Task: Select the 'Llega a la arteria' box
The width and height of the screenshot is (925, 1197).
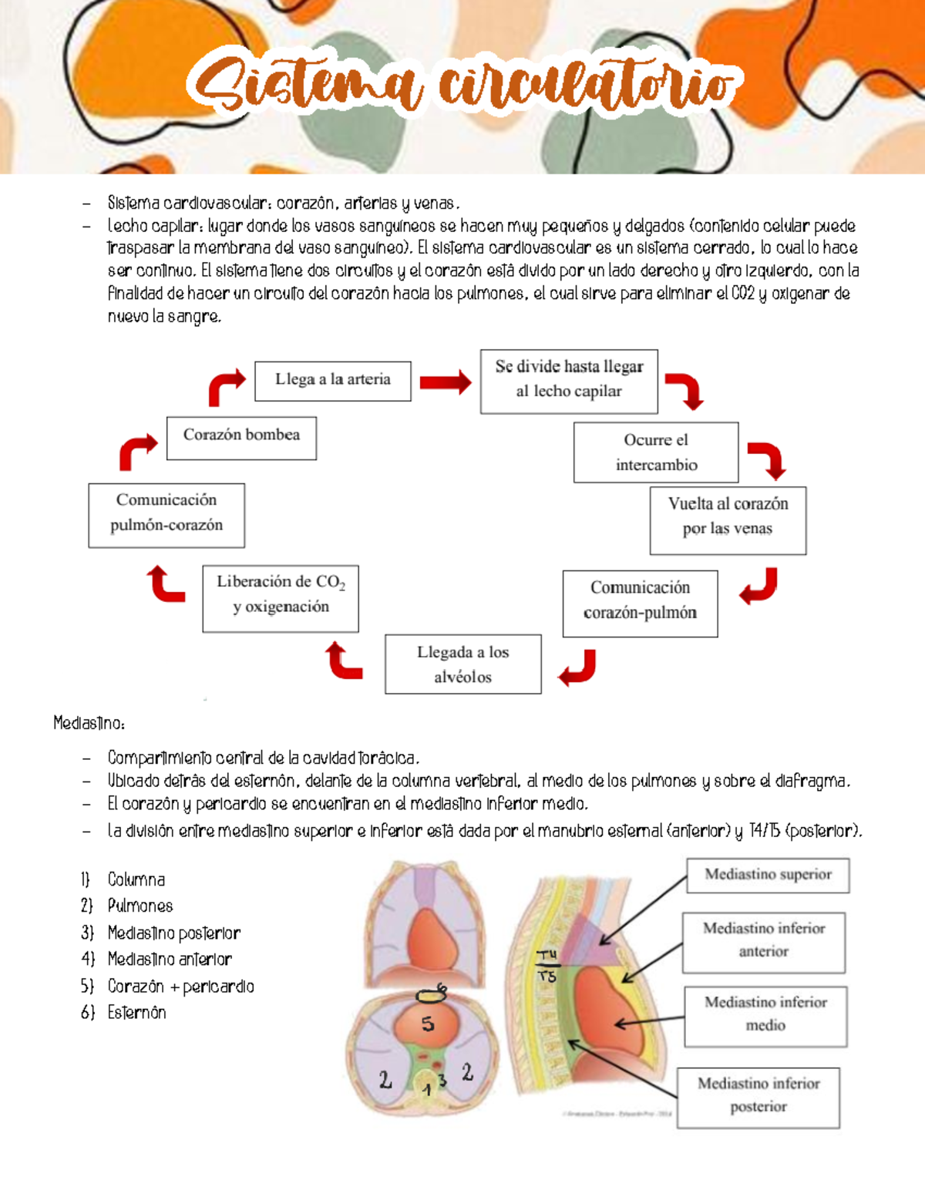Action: click(332, 380)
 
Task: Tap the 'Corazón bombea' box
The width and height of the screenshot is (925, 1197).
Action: click(241, 436)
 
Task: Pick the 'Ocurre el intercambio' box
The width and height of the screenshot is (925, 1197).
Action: click(656, 452)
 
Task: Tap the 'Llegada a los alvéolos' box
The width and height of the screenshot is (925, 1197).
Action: click(462, 664)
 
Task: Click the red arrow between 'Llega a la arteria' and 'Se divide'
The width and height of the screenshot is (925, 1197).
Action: click(445, 382)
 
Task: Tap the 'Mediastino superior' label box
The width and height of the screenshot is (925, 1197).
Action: click(768, 875)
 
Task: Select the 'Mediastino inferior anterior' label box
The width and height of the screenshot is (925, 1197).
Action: click(763, 941)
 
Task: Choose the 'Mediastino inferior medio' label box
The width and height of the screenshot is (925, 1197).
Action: click(765, 1015)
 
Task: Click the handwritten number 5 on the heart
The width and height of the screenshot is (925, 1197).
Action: click(428, 1024)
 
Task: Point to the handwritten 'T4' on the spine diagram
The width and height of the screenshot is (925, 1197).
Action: click(548, 956)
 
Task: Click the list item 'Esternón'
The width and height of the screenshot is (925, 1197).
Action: click(136, 1013)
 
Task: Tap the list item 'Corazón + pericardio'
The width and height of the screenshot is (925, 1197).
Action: click(180, 987)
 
